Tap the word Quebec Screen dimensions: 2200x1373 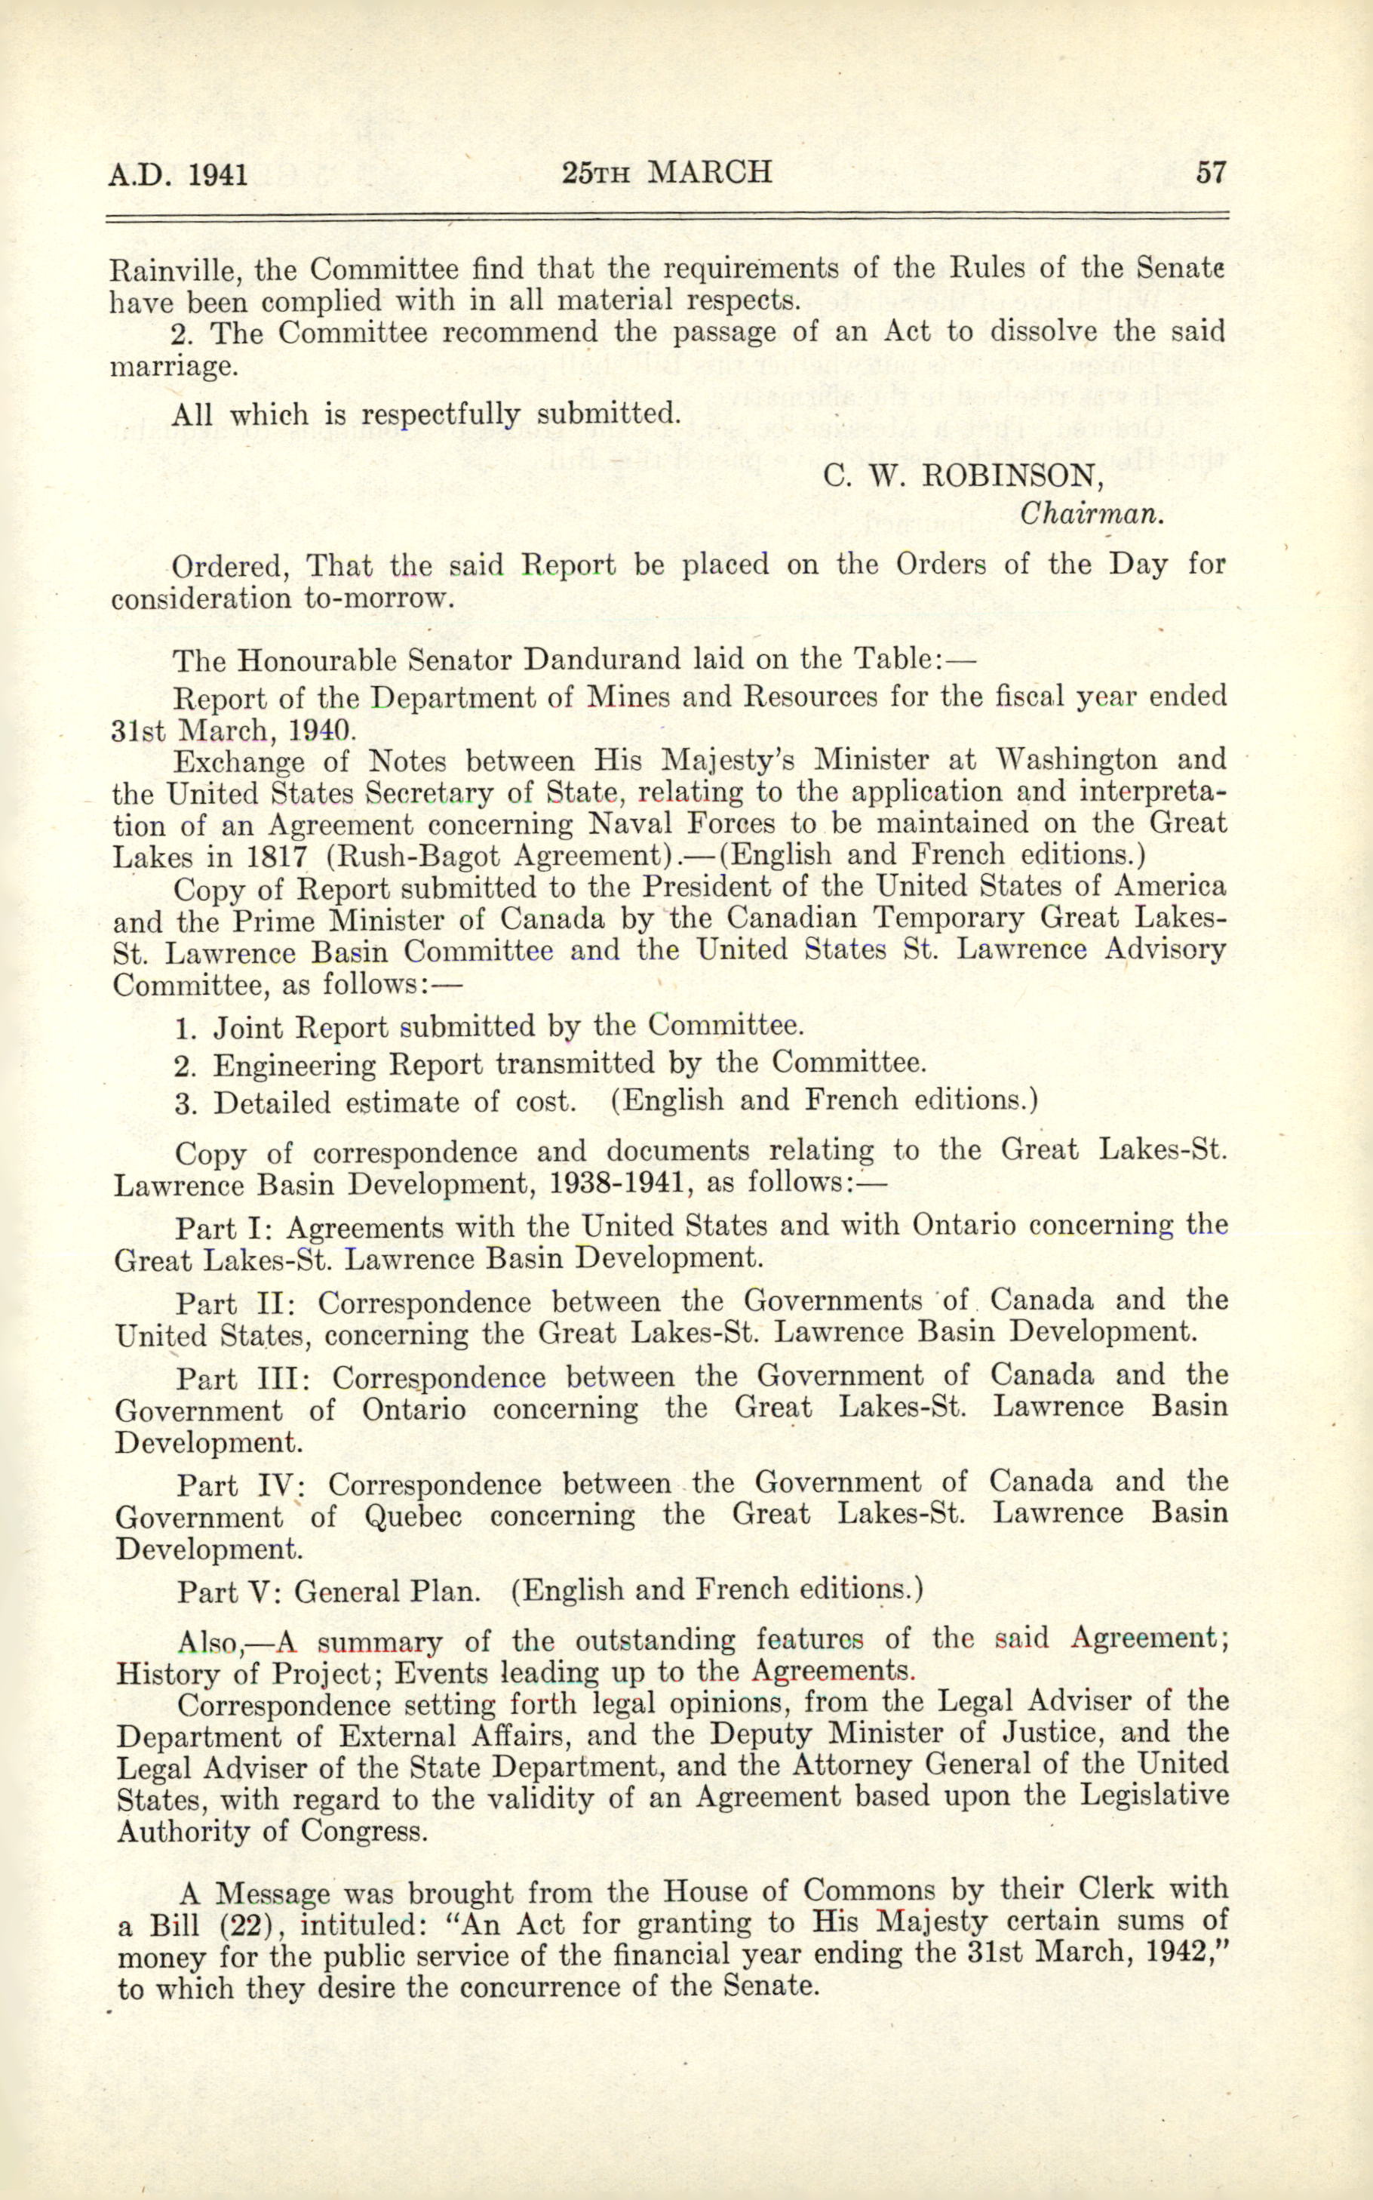click(413, 1517)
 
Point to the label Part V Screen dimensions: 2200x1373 click(231, 1592)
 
